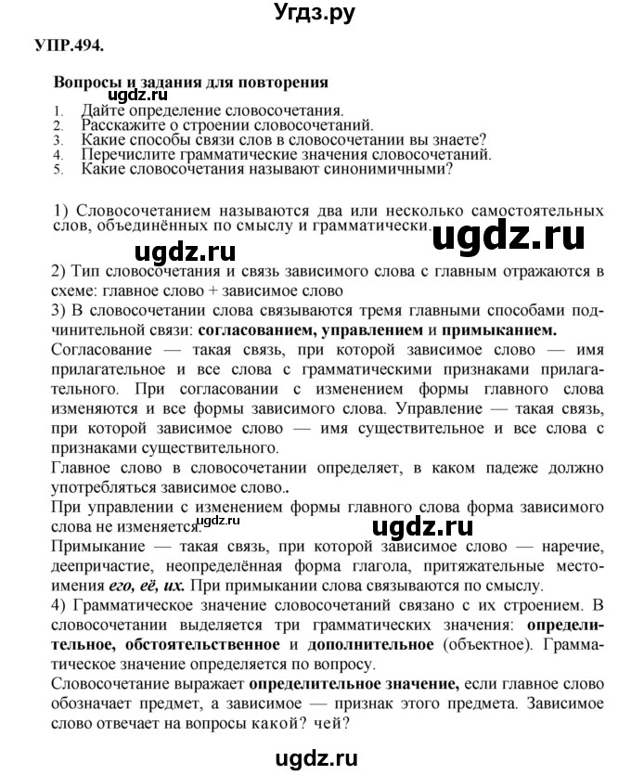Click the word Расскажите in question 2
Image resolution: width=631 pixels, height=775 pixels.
coord(124,123)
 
